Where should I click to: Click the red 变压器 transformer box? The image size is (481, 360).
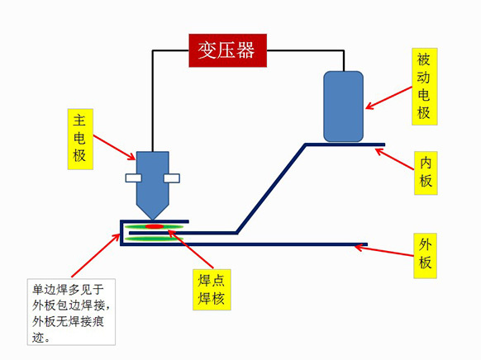[227, 50]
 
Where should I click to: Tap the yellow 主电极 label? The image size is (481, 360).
[80, 139]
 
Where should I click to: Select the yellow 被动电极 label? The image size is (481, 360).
[425, 87]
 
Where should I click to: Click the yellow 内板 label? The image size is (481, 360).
[426, 173]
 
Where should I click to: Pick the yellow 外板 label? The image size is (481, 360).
[425, 255]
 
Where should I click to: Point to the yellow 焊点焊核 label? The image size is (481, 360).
[212, 290]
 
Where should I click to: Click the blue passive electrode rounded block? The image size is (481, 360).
[344, 107]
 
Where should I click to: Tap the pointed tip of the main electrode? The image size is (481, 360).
[152, 220]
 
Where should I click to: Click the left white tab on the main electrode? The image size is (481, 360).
[133, 178]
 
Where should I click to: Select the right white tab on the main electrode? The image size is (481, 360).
[171, 178]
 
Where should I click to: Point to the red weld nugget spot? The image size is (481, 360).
[155, 227]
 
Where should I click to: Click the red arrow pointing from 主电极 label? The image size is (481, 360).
[114, 147]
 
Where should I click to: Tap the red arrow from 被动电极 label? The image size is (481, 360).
[388, 98]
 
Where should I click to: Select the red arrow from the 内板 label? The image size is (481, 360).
[394, 159]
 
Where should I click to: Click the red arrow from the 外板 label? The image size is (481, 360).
[384, 250]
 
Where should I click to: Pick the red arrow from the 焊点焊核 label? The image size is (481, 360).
[190, 249]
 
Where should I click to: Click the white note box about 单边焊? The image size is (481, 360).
[71, 312]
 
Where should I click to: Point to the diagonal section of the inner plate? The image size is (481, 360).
[271, 189]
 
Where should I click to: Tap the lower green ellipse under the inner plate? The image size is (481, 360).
[155, 239]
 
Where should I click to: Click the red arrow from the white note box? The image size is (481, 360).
[96, 255]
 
